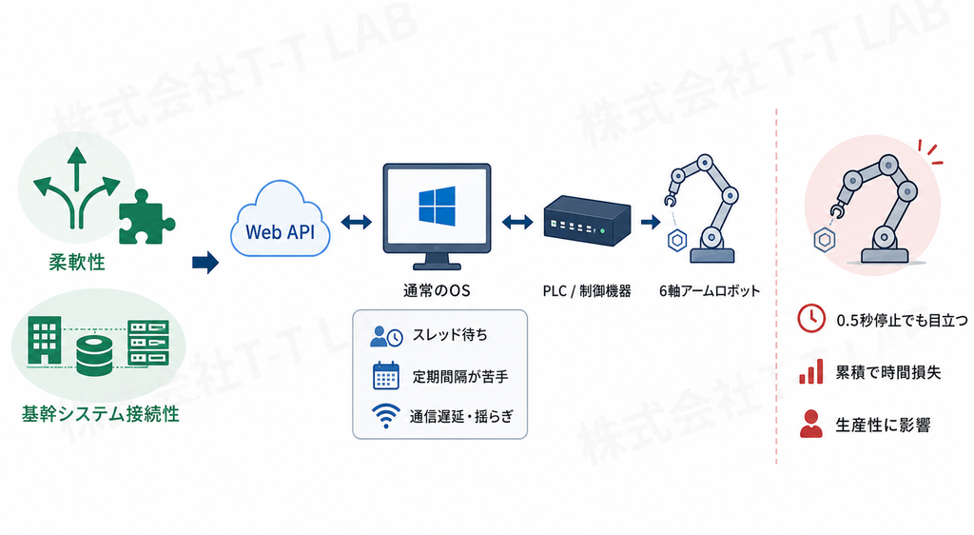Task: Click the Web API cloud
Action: [x=281, y=221]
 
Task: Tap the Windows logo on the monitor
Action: [x=437, y=206]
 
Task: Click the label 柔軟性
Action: [x=77, y=262]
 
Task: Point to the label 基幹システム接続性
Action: [x=100, y=414]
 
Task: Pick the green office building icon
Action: [x=45, y=340]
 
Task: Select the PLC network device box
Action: [x=587, y=221]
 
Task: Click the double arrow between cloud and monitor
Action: [x=357, y=222]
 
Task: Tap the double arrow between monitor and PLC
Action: [x=517, y=222]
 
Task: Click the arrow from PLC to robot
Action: [x=651, y=222]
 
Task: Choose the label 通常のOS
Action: [x=436, y=290]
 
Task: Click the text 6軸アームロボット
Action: [x=710, y=290]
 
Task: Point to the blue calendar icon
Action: [x=386, y=375]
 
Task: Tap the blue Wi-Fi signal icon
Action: [x=386, y=416]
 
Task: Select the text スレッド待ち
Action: [x=450, y=335]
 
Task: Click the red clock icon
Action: [x=811, y=318]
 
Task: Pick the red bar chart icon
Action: [x=811, y=371]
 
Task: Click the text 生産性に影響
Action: [x=883, y=425]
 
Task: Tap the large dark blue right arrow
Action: [x=205, y=262]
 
